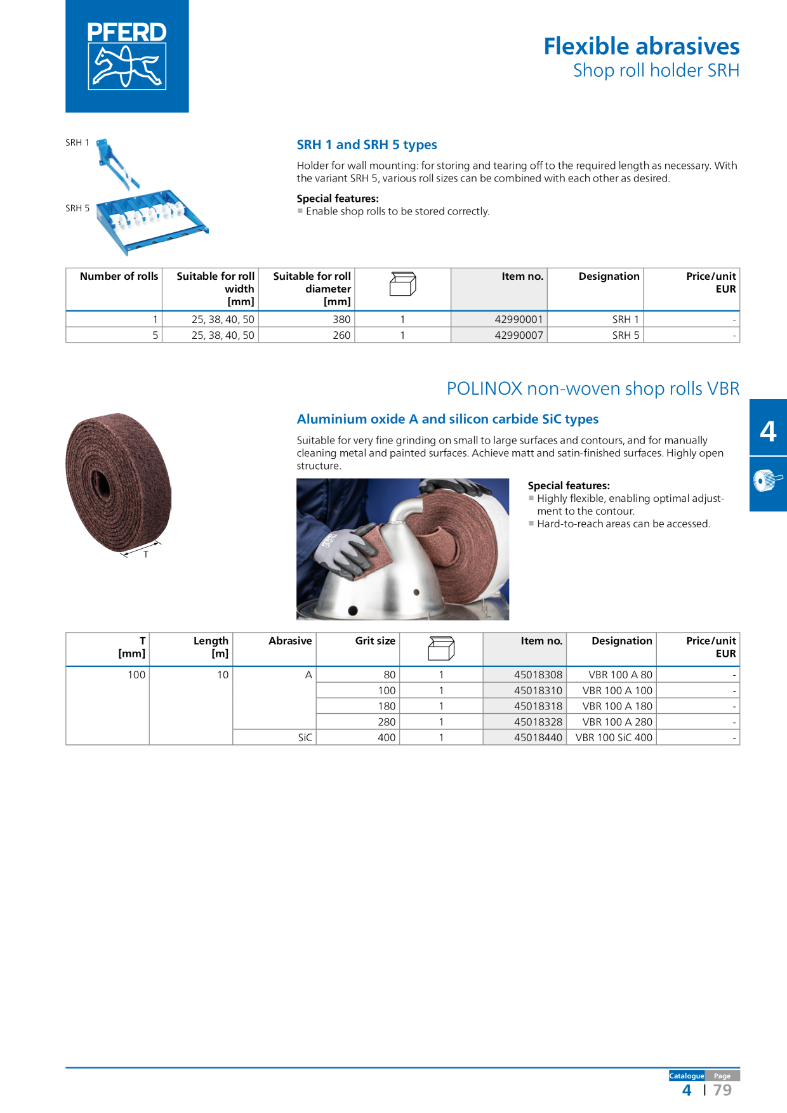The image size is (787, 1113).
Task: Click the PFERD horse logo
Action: (x=127, y=56)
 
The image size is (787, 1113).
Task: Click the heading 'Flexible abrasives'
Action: (x=642, y=46)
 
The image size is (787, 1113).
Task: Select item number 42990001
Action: (x=519, y=319)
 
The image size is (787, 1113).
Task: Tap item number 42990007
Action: (x=519, y=335)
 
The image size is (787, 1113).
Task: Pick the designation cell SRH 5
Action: (x=626, y=335)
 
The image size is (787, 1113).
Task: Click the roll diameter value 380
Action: (x=341, y=319)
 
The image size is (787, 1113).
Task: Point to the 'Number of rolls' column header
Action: (x=119, y=276)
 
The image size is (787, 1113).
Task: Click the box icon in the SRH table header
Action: (x=402, y=284)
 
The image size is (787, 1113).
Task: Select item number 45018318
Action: (x=538, y=706)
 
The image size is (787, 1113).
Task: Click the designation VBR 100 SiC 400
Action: (x=614, y=737)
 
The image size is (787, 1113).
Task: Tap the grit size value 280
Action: (x=387, y=722)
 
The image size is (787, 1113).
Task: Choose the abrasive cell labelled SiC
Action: (x=305, y=737)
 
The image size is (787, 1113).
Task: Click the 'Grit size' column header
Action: (x=375, y=641)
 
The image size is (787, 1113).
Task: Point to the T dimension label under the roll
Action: (x=146, y=555)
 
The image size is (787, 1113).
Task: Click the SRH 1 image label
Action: (x=77, y=143)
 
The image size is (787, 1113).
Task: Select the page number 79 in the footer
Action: (x=722, y=1090)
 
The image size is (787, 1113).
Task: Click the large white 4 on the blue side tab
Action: (x=768, y=431)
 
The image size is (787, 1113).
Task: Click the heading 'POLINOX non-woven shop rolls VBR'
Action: (x=593, y=388)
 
